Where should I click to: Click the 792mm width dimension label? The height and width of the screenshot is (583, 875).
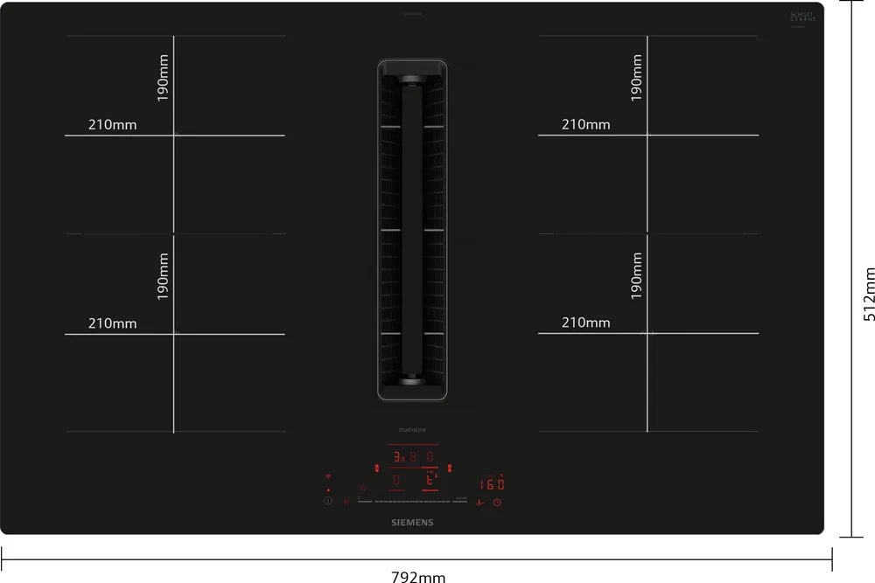pyautogui.click(x=417, y=575)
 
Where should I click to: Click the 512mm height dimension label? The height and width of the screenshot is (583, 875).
pyautogui.click(x=869, y=294)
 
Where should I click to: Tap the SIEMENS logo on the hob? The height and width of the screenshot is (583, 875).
pyautogui.click(x=410, y=522)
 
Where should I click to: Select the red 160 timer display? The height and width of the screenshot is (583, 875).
pyautogui.click(x=492, y=483)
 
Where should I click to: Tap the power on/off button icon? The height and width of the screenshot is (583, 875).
pyautogui.click(x=328, y=502)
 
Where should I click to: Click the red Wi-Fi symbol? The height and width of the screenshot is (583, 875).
pyautogui.click(x=328, y=477)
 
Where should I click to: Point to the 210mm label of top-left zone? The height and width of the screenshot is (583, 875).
pyautogui.click(x=112, y=125)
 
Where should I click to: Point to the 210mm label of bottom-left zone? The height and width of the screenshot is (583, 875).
pyautogui.click(x=112, y=323)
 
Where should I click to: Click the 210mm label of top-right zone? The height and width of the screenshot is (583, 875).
pyautogui.click(x=585, y=125)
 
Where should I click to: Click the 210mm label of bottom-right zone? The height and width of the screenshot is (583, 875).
pyautogui.click(x=585, y=323)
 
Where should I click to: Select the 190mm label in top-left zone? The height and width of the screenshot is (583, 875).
pyautogui.click(x=163, y=78)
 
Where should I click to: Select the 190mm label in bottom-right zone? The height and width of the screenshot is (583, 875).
pyautogui.click(x=636, y=276)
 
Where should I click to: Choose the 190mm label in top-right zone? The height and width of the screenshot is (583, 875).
pyautogui.click(x=636, y=78)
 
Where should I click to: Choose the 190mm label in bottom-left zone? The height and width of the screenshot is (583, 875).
pyautogui.click(x=163, y=276)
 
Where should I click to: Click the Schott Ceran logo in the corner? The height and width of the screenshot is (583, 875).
pyautogui.click(x=802, y=18)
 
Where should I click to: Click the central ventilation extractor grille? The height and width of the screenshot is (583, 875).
pyautogui.click(x=411, y=230)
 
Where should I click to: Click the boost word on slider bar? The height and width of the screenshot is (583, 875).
pyautogui.click(x=461, y=497)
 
